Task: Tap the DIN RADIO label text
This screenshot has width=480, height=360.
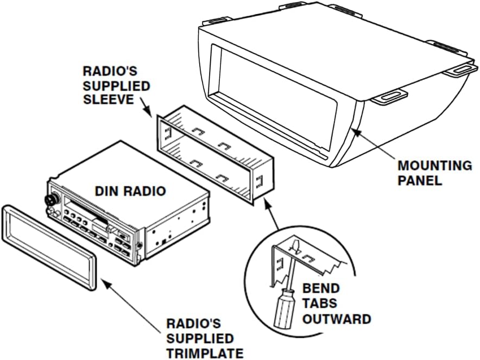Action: pyautogui.click(x=130, y=191)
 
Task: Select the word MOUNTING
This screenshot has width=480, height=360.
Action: pyautogui.click(x=434, y=166)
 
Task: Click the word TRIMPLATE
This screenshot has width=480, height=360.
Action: pyautogui.click(x=205, y=353)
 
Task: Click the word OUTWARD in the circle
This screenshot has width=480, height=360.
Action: pyautogui.click(x=337, y=319)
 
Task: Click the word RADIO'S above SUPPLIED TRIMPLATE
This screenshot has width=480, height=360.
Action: pyautogui.click(x=194, y=324)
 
